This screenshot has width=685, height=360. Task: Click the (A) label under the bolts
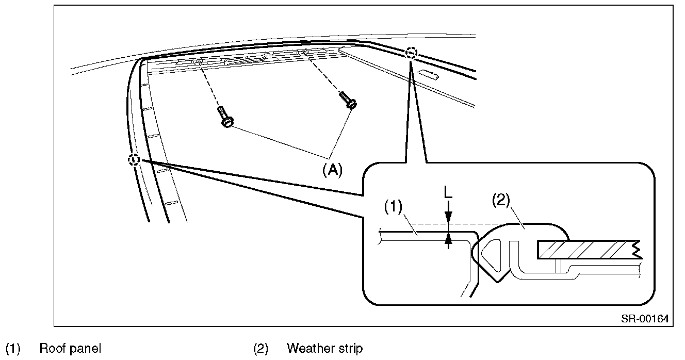(x=332, y=170)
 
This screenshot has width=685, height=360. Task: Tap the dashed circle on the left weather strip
(x=134, y=160)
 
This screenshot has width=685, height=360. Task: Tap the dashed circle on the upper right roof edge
(x=411, y=53)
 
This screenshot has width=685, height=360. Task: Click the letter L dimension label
(x=448, y=192)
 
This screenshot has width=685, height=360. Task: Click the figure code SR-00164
(x=645, y=319)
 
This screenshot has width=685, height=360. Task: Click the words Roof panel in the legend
(x=70, y=349)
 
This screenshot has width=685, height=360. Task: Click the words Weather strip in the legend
(x=324, y=349)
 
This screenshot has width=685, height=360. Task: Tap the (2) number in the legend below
(x=260, y=349)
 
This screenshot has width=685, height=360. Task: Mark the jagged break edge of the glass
(x=638, y=249)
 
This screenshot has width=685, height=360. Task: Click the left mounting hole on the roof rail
(x=197, y=61)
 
